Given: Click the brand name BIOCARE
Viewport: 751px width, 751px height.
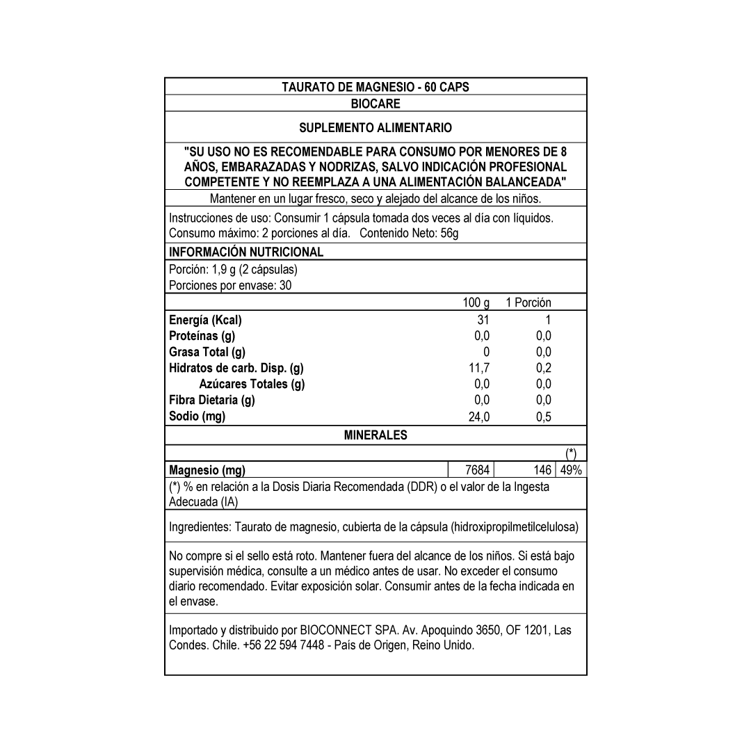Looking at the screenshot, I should click(375, 104).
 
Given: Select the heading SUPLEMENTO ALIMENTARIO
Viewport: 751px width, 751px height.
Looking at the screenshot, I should click(375, 128).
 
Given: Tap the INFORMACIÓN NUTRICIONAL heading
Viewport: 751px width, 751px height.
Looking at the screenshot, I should click(246, 252).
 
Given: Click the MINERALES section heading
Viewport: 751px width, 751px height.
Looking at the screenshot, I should click(375, 435).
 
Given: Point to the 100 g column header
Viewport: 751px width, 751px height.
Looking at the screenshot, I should click(476, 302).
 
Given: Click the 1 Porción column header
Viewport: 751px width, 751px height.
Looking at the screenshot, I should click(528, 302).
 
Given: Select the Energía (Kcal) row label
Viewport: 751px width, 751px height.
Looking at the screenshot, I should click(206, 320).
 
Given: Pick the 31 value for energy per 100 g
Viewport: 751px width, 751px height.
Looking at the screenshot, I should click(483, 320).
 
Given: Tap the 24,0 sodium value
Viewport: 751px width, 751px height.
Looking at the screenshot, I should click(479, 417).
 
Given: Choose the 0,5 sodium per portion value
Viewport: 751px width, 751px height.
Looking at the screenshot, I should click(544, 417).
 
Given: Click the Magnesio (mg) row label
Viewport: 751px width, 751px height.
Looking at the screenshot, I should click(207, 470).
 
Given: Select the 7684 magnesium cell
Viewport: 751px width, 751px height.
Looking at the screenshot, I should click(477, 470).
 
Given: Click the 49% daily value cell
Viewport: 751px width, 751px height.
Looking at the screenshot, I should click(571, 470).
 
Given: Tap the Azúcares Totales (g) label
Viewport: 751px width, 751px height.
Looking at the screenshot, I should click(252, 384).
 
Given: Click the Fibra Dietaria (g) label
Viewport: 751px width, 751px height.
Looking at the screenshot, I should click(212, 400).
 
